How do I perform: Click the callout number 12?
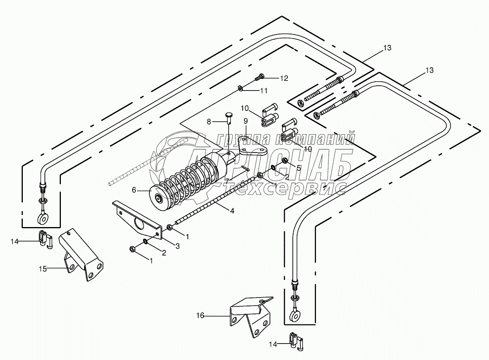pos(284,78)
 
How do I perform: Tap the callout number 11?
pos(264,91)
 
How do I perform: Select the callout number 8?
pos(209,122)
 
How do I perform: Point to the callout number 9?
pos(246,121)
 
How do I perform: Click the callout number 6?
pos(134,190)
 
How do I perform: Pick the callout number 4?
pos(232,211)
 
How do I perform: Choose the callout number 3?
pos(177,247)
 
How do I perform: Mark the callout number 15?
pos(43,269)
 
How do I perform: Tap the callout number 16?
pos(200,316)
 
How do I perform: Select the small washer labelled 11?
pos(241,88)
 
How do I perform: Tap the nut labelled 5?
pos(284,161)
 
